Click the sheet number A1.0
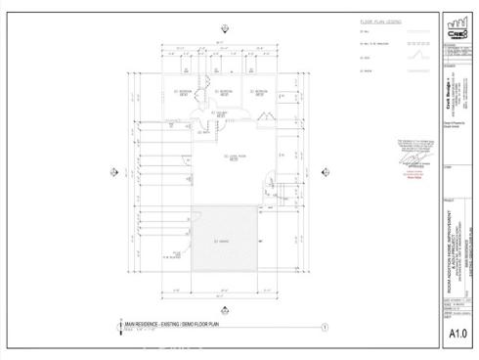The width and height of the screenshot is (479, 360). tap(455, 335)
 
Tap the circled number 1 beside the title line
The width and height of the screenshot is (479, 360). tap(324, 328)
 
